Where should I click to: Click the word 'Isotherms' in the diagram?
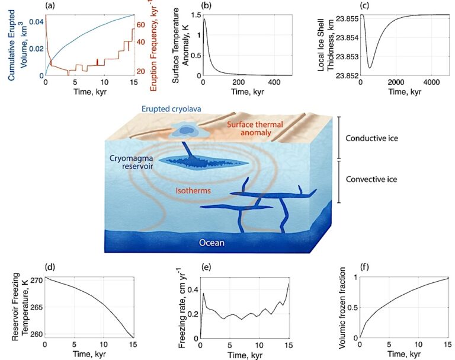[197, 191]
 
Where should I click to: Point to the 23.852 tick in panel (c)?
[344, 75]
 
